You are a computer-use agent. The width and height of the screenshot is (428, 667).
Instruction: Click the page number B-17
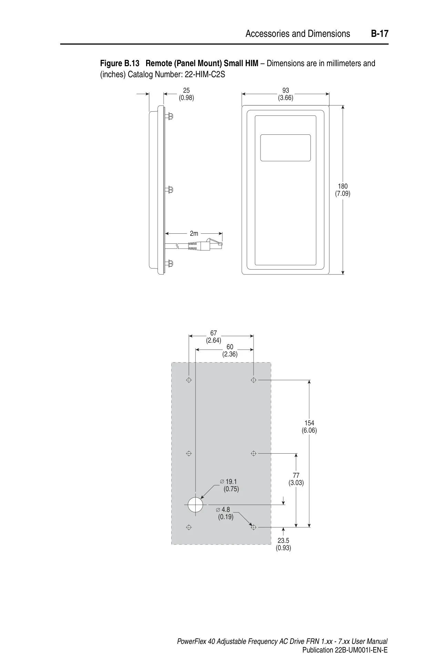[380, 34]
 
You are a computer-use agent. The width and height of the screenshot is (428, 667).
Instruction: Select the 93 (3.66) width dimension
[286, 94]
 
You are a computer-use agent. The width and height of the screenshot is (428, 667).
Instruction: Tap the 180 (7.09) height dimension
[343, 190]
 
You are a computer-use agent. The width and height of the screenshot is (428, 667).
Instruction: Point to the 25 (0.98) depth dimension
[186, 94]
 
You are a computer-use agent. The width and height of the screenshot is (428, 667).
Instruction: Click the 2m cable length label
[194, 233]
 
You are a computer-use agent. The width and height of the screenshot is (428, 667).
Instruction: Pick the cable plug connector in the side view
[212, 244]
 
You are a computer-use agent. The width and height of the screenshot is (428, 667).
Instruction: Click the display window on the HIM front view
[285, 148]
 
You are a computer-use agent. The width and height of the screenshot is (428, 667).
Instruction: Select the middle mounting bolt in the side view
[169, 190]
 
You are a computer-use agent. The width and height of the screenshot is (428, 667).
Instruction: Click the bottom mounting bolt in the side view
[169, 264]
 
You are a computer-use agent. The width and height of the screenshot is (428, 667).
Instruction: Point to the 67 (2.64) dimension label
[214, 337]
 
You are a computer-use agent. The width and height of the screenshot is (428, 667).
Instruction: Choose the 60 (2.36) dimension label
[230, 351]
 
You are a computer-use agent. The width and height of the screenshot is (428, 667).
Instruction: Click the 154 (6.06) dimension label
[309, 427]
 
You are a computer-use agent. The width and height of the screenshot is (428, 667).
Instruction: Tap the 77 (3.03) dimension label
[296, 479]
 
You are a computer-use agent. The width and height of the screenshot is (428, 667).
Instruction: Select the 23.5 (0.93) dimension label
[283, 544]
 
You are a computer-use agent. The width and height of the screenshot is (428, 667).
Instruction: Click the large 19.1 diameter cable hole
[195, 506]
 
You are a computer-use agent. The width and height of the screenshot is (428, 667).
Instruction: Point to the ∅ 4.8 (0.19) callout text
[224, 513]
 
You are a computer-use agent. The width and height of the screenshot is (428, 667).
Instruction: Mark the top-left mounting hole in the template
[189, 380]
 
